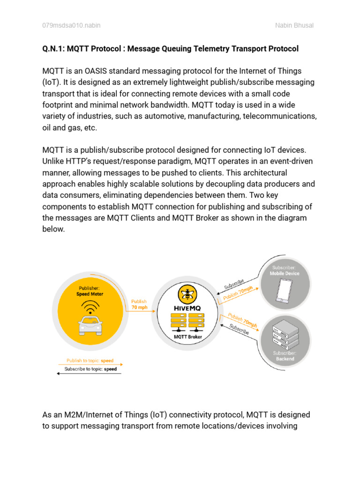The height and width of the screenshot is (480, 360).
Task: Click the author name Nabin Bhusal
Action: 294,25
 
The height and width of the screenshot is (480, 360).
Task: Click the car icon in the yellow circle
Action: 90,324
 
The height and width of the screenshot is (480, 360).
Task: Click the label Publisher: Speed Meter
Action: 90,291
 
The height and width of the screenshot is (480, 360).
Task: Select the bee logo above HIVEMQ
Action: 187,295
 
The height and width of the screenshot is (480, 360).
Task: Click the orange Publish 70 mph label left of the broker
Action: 139,305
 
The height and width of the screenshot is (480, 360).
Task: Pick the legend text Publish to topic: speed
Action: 90,361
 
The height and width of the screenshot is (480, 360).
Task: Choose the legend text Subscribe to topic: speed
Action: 90,369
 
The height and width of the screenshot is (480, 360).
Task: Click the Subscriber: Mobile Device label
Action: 285,270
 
